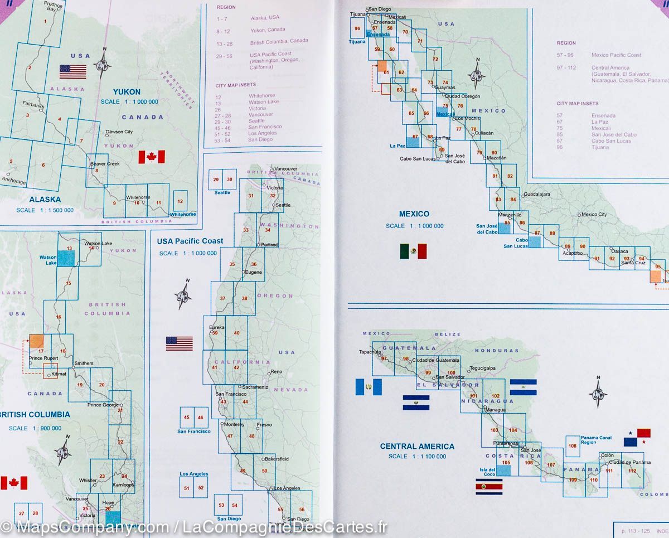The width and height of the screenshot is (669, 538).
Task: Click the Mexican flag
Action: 413,251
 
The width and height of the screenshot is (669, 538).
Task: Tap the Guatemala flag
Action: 369,387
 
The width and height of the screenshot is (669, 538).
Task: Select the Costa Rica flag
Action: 489,486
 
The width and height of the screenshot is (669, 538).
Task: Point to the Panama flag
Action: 637,437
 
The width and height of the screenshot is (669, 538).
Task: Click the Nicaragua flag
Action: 523,387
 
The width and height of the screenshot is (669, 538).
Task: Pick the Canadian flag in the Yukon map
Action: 152,157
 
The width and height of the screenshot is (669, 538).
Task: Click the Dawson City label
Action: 119,132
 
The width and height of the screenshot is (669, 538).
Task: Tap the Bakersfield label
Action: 277,459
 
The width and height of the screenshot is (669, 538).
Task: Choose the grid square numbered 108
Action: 573,446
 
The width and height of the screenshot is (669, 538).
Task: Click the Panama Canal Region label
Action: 596,440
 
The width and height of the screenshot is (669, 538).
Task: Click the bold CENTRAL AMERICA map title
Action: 417,446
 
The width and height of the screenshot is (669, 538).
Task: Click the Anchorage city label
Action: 14,181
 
